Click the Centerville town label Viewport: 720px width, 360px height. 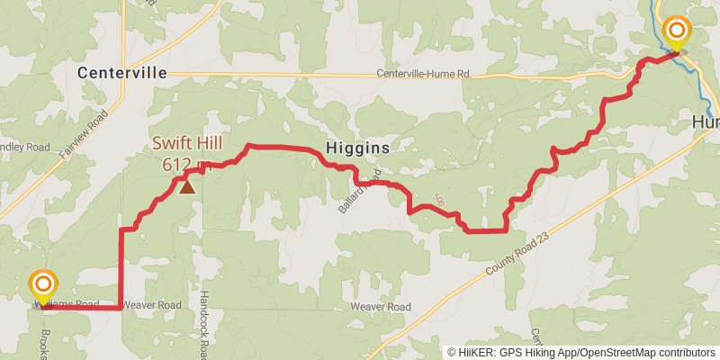pos(122,73)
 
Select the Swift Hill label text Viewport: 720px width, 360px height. pos(186,144)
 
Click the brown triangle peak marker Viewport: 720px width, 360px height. pos(187,187)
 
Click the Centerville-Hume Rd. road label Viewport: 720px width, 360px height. pos(424,74)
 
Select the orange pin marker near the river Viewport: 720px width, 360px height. pos(676,33)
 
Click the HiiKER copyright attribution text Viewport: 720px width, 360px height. pos(580,353)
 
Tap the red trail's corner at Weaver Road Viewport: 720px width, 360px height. pos(121,308)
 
